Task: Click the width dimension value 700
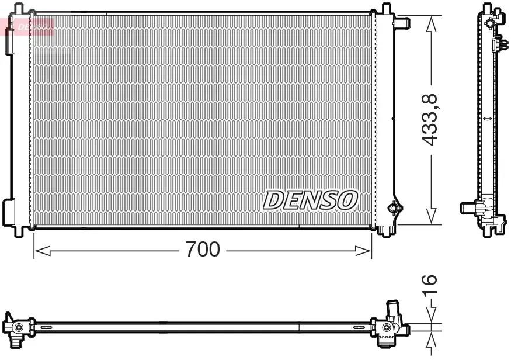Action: click(203, 250)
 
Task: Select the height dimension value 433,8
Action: click(430, 120)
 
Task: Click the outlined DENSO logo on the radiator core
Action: click(310, 200)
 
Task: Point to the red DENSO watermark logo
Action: click(33, 26)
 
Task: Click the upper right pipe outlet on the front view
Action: click(402, 23)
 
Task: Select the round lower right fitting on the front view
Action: click(395, 208)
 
